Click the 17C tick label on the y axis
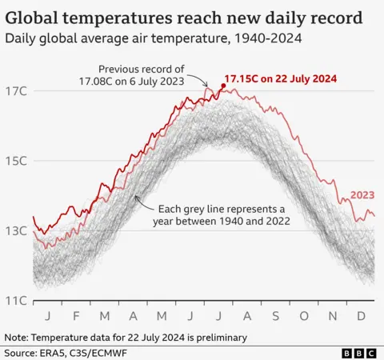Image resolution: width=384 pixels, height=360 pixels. [x=18, y=90]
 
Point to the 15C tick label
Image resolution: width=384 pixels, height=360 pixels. [x=18, y=161]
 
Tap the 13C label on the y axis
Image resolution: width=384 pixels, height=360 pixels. [x=18, y=231]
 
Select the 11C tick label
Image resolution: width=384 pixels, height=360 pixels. [x=18, y=301]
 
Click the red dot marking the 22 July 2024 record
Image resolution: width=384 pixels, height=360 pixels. [x=223, y=85]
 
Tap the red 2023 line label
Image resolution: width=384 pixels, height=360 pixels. [x=362, y=195]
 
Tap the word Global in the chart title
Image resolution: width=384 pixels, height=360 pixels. [x=40, y=17]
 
